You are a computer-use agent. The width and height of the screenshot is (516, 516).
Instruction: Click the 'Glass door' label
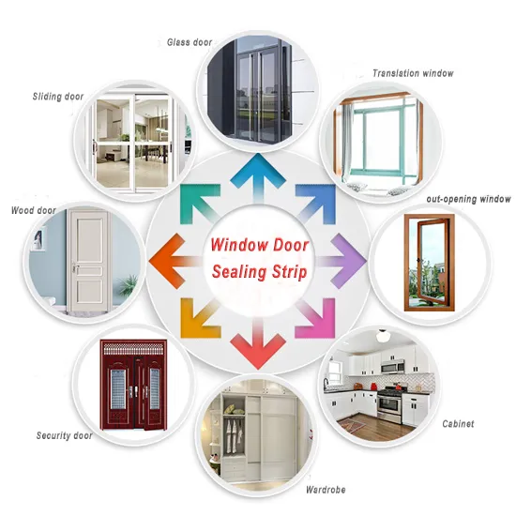pyautogui.click(x=190, y=42)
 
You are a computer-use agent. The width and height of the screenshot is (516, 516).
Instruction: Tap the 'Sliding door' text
pyautogui.click(x=58, y=97)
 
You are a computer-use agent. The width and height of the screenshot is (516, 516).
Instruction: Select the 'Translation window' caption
pyautogui.click(x=413, y=73)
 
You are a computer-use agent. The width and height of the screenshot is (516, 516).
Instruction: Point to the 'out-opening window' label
pyautogui.click(x=468, y=199)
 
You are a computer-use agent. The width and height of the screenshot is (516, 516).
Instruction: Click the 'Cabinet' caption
pyautogui.click(x=458, y=423)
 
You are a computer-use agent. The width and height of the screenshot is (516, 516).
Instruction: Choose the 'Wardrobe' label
pyautogui.click(x=326, y=490)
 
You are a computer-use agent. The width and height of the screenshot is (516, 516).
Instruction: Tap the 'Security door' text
pyautogui.click(x=64, y=435)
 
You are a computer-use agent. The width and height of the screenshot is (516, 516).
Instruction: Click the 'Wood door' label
pyautogui.click(x=34, y=210)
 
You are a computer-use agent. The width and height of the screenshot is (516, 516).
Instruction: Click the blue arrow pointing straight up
pyautogui.click(x=258, y=177)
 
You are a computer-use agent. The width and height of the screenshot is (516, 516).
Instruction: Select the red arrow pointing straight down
pyautogui.click(x=258, y=344)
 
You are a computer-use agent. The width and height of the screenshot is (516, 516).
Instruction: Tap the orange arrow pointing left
pyautogui.click(x=175, y=262)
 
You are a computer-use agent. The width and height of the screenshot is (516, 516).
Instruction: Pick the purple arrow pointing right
pyautogui.click(x=341, y=262)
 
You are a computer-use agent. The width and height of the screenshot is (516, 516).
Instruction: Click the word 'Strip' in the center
pyautogui.click(x=290, y=272)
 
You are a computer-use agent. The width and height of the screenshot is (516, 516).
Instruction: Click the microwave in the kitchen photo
pyautogui.click(x=392, y=366)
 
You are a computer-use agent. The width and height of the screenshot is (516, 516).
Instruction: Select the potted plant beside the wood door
pyautogui.click(x=128, y=284)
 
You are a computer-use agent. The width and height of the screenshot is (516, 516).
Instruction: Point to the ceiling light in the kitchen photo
pyautogui.click(x=383, y=336)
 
